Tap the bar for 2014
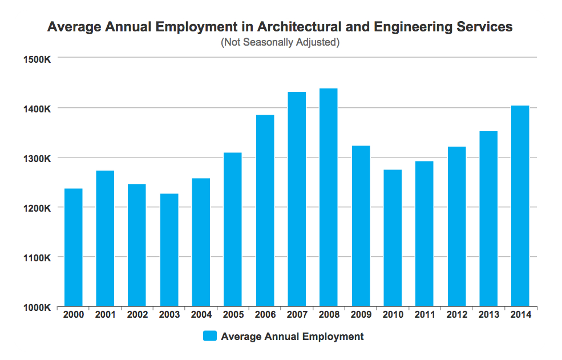(520, 206)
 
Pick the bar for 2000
(73, 248)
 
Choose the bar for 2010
(392, 238)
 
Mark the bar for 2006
(265, 211)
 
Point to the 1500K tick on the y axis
(39, 59)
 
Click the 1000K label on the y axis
(39, 308)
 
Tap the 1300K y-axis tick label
(39, 158)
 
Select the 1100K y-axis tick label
(39, 258)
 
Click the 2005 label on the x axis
(233, 315)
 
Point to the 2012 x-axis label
(456, 315)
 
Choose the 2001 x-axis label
(105, 315)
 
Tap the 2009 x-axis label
(361, 315)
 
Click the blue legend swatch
(210, 337)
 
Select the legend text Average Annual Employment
(292, 337)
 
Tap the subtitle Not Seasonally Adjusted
(280, 42)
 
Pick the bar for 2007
(297, 199)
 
